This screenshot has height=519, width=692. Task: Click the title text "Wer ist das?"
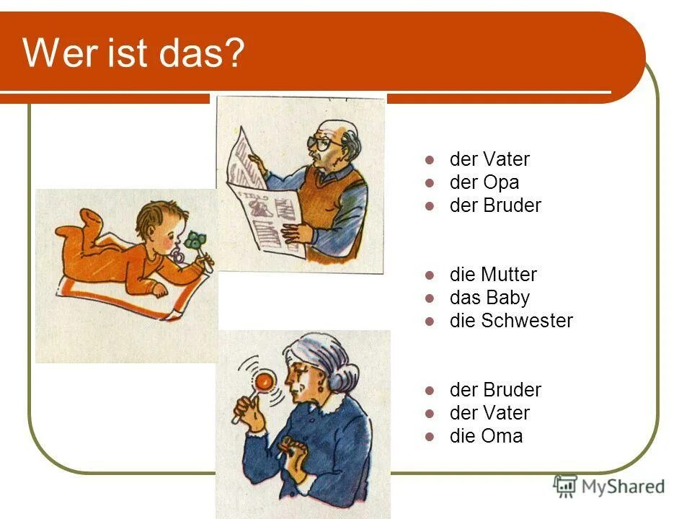(x=134, y=54)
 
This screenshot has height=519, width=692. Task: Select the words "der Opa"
(x=484, y=182)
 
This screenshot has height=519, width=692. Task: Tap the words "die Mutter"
(x=493, y=275)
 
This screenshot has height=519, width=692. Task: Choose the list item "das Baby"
(x=489, y=298)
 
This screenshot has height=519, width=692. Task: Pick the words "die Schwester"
(x=510, y=321)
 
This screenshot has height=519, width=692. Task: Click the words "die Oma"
(x=486, y=436)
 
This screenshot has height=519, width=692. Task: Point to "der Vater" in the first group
(x=489, y=159)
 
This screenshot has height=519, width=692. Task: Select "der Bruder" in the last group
(x=494, y=390)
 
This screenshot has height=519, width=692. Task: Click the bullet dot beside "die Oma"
(x=430, y=436)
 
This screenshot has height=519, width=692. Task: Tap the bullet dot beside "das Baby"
(x=430, y=298)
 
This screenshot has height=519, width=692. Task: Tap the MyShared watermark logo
(x=609, y=487)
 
